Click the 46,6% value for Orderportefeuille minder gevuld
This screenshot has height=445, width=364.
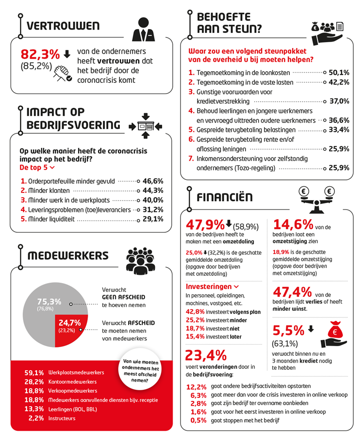pos(153,181)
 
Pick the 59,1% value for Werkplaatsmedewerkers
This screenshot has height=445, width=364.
pos(34,372)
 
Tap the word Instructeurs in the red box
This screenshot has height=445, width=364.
pos(62,418)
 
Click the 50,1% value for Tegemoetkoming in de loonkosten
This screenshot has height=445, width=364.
pos(339,72)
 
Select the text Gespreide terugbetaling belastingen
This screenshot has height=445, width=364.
pos(246,129)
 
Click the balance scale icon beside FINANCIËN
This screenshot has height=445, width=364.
pos(315,197)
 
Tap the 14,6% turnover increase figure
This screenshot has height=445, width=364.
pos(293,224)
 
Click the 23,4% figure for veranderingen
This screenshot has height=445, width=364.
pos(206,355)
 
